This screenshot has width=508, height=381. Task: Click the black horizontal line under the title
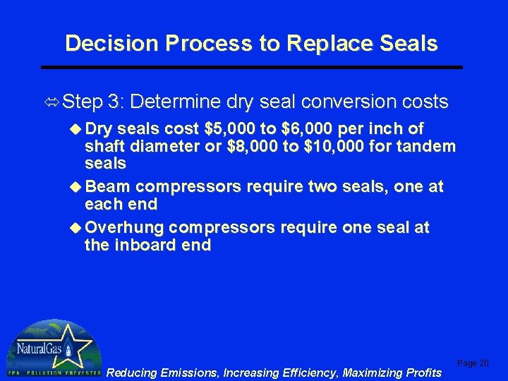[251, 67]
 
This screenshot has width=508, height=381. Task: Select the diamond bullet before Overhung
[76, 229]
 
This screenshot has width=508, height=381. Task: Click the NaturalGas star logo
[53, 349]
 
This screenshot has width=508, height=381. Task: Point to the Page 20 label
[473, 363]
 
